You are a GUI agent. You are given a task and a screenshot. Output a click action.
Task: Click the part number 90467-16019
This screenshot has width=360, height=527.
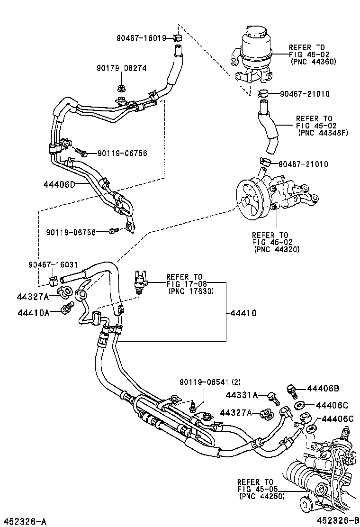pos(140,37)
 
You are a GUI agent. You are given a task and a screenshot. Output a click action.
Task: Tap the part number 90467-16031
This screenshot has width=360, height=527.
pos(53,264)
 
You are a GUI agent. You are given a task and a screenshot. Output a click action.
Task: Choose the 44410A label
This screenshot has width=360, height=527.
pos(33,313)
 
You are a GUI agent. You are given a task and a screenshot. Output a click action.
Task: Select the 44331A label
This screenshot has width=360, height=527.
pos(242,395)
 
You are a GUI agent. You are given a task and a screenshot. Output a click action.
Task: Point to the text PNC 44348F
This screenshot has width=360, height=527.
pos(323,133)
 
